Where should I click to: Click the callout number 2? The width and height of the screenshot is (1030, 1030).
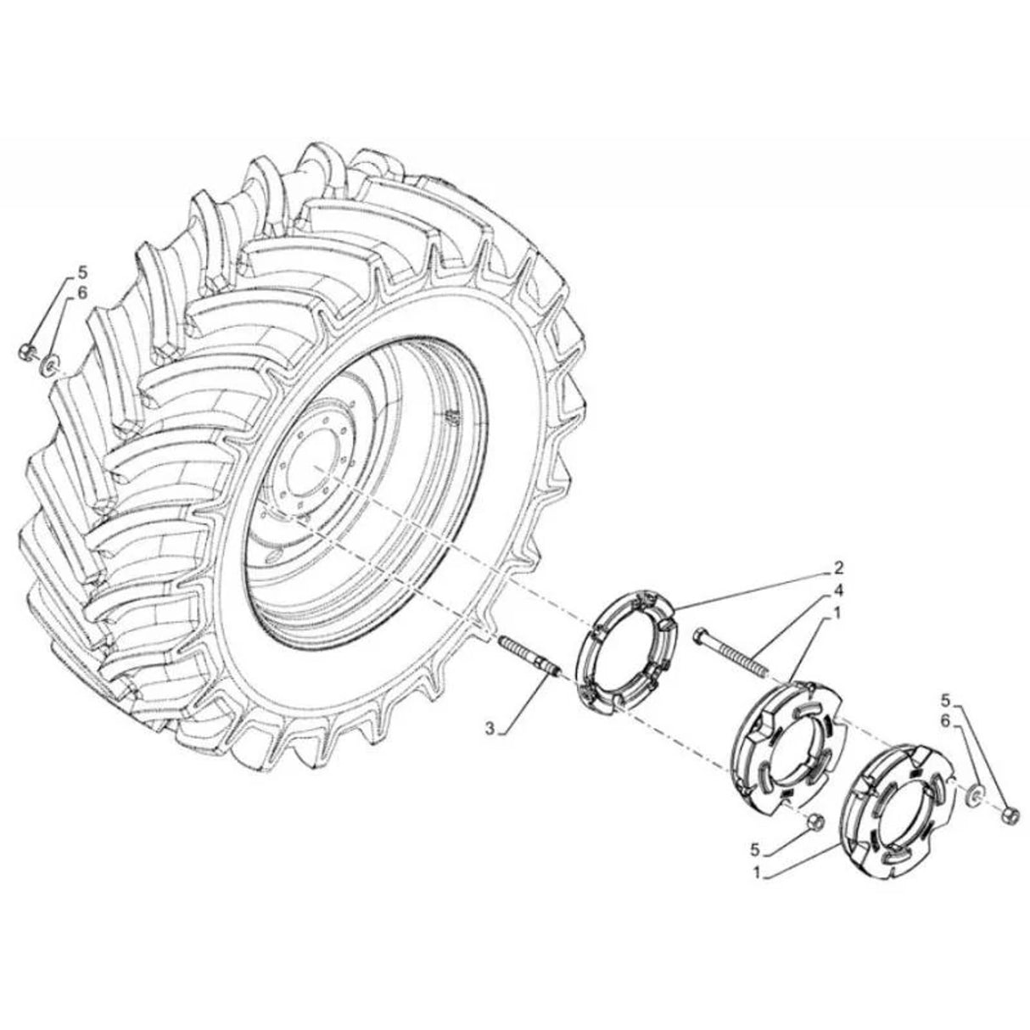coord(814,566)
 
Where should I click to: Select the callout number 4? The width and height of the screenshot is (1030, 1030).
coord(814,590)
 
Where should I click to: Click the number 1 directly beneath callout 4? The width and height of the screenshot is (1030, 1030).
coord(814,612)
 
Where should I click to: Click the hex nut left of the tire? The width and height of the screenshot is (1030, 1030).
coord(26,350)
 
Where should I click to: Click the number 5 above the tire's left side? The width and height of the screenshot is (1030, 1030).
coord(83,272)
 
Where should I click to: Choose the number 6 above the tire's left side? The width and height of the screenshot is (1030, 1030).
coord(83,293)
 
